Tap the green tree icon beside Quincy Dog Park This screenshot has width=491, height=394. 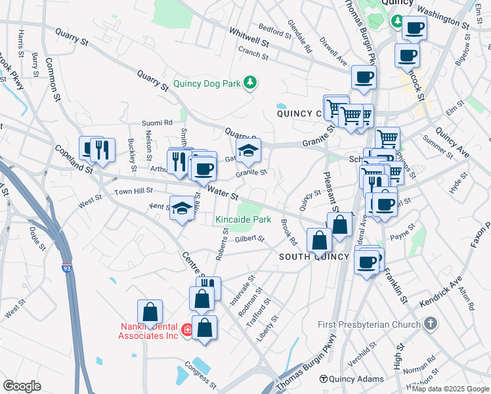249,83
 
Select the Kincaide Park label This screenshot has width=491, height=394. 244,219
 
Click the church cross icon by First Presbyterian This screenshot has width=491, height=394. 430,324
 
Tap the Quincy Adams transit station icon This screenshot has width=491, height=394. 323,380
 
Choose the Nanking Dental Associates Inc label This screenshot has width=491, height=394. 148,331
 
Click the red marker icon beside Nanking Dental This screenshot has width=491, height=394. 187,330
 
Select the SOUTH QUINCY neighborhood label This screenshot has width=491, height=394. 314,256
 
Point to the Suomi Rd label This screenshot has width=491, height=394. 158,122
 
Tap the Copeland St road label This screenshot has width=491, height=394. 73,158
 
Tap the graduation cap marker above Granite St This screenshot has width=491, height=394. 248,151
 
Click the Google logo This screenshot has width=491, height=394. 22,386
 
